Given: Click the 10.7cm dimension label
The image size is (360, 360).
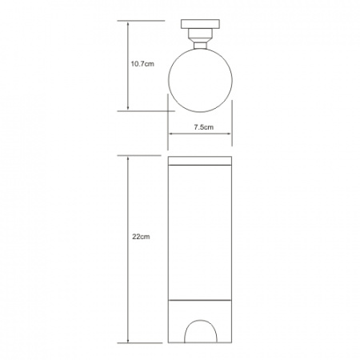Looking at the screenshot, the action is pyautogui.click(x=142, y=64).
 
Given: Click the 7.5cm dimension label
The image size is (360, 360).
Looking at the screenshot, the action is pyautogui.click(x=204, y=127).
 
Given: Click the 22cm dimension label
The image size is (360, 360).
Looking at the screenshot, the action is pyautogui.click(x=141, y=237).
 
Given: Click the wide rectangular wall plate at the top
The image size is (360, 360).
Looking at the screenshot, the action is pyautogui.click(x=200, y=24).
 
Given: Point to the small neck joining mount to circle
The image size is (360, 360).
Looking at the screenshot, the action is pyautogui.click(x=200, y=46).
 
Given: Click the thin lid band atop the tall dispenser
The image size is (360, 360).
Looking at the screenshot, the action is pyautogui.click(x=200, y=161).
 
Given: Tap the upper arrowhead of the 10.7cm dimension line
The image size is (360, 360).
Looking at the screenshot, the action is pyautogui.click(x=128, y=24).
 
